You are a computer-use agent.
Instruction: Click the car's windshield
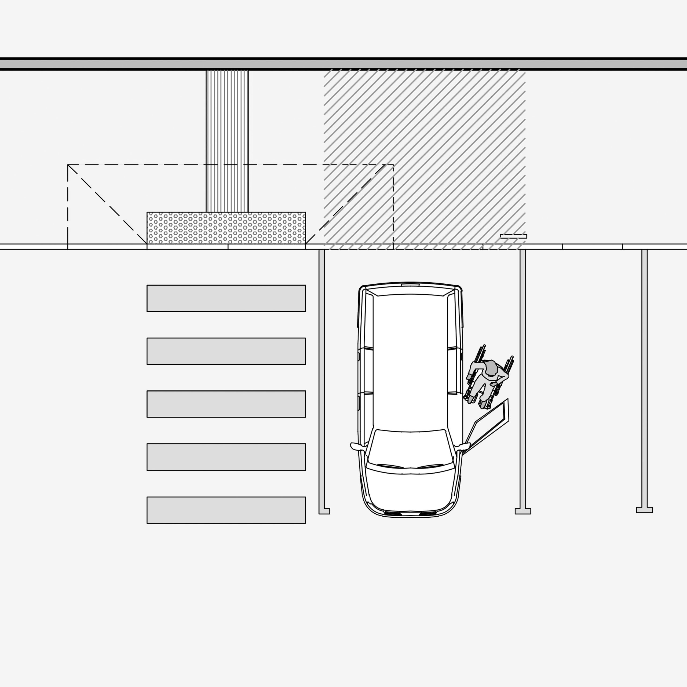pyautogui.click(x=410, y=448)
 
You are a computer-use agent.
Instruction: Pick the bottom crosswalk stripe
pyautogui.click(x=226, y=510)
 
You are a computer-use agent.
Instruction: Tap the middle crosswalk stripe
pyautogui.click(x=226, y=404)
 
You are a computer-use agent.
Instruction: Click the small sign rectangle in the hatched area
pyautogui.click(x=513, y=236)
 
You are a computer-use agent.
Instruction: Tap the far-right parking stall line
pyautogui.click(x=644, y=377)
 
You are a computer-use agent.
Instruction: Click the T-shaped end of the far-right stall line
pyautogui.click(x=644, y=510)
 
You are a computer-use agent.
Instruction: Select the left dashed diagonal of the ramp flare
pyautogui.click(x=107, y=204)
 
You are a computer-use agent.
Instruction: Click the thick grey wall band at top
pyautogui.click(x=343, y=64)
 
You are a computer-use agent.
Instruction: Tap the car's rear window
pyautogui.click(x=410, y=291)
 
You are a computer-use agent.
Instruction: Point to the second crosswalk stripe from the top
pyautogui.click(x=226, y=351)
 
